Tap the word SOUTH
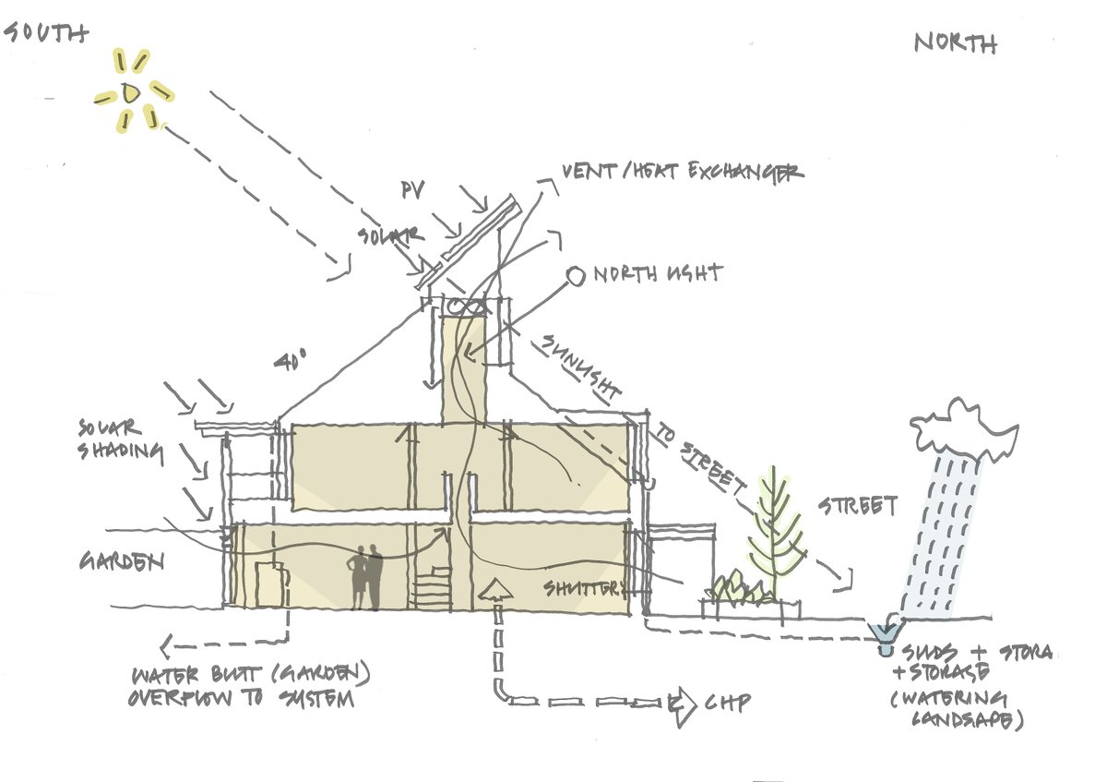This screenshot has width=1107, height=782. point(46,33)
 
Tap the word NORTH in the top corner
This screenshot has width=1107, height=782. point(956,42)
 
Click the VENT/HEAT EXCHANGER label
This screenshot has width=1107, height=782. point(683,173)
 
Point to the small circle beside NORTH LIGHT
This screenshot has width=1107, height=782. point(575,274)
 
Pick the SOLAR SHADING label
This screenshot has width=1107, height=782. point(121,439)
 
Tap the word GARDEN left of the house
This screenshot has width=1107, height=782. point(121,561)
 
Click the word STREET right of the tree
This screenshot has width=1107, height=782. point(857,506)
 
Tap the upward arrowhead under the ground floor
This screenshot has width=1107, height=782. point(496,589)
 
